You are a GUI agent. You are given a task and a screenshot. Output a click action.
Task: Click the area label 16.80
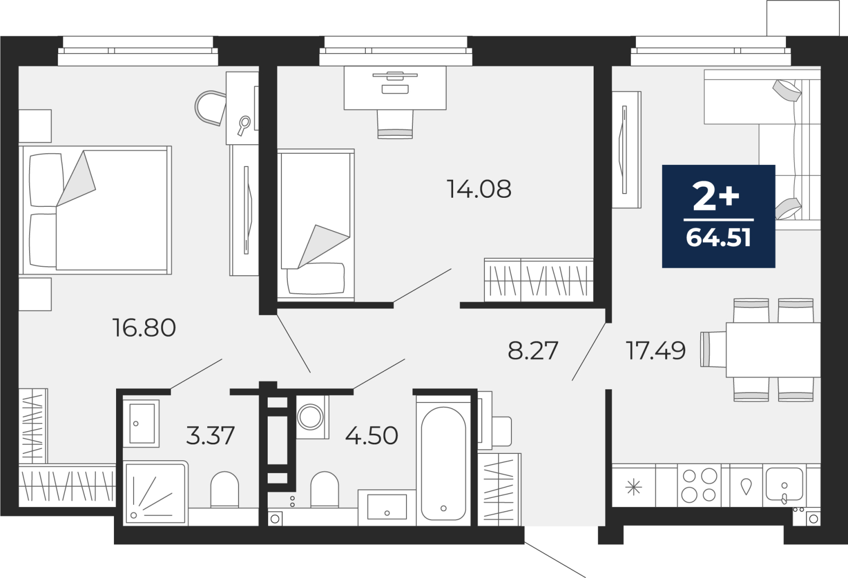[x=144, y=328]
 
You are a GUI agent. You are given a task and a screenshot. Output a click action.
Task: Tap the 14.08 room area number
[x=479, y=189]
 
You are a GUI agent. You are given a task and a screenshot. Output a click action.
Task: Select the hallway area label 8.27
[x=533, y=351]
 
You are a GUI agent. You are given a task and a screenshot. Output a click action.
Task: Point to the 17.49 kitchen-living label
[x=656, y=351]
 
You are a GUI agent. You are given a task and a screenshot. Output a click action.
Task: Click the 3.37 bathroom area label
[x=210, y=435]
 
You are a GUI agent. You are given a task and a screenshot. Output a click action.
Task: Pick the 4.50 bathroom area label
[x=372, y=435]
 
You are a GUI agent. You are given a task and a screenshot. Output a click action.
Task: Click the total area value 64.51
[x=718, y=238]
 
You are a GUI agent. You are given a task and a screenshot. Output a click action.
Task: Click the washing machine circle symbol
[x=310, y=417]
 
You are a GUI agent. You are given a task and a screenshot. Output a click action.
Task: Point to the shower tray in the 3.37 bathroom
[x=156, y=493]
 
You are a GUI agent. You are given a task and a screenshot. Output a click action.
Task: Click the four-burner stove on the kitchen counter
[x=699, y=485]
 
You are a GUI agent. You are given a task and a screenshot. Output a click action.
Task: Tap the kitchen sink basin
[x=784, y=484]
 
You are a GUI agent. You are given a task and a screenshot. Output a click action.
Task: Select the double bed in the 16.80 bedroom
[x=95, y=210]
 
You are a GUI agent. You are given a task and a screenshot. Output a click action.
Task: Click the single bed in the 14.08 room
[x=316, y=225]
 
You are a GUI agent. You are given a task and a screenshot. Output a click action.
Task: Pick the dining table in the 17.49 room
[x=773, y=350]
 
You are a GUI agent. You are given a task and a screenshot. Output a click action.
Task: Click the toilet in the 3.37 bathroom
[x=225, y=490]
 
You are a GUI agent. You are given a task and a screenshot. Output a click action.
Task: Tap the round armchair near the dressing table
[x=210, y=108]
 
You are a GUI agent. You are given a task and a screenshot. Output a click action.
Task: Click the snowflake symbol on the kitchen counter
[x=633, y=487]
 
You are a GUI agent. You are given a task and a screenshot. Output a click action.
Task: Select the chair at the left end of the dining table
[x=713, y=349]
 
